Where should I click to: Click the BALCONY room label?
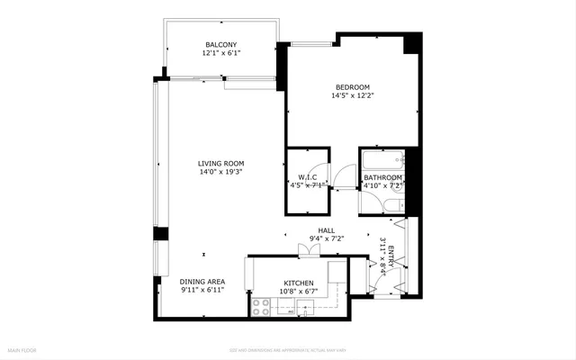coord(220,44)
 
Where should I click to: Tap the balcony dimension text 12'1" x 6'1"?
coord(220,54)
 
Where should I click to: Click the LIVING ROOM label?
coord(221,164)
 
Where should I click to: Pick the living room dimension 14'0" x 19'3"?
coord(221,173)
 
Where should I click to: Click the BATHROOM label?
coord(382,178)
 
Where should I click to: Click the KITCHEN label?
coord(298,282)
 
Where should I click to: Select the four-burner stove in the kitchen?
coord(262,305)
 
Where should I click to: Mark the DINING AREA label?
coord(202,282)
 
